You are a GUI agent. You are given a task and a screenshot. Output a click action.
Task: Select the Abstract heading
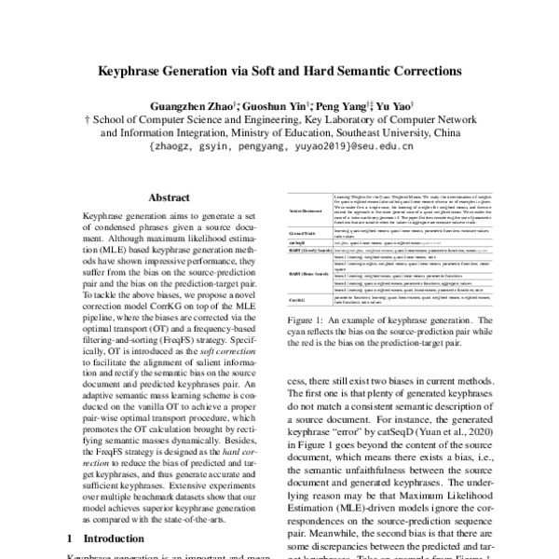[170, 198]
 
